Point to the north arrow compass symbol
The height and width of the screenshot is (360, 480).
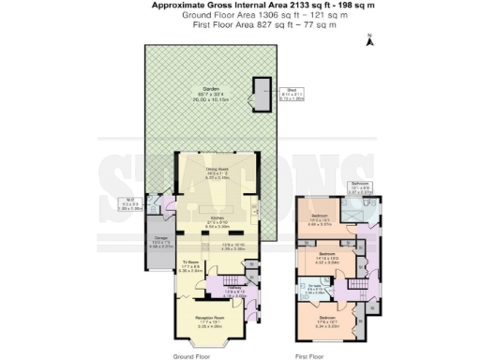371,39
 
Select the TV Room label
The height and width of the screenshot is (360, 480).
191,263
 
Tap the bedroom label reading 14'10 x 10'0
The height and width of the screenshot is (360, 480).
327,254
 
